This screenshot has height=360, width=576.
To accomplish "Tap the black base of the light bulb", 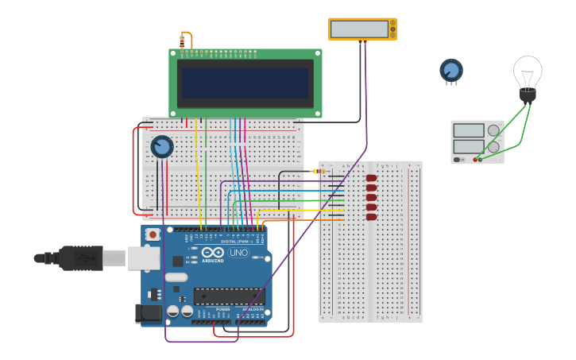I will pos(528,95).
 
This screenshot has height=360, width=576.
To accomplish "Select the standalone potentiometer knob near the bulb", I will pos(451,71).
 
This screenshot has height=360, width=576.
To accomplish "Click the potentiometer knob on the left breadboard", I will pos(161,146).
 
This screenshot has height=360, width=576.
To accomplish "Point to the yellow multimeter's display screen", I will pos(359,29).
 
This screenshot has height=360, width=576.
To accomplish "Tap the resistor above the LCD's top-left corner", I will pos(182,41).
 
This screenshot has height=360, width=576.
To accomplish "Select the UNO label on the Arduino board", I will pos(238,253).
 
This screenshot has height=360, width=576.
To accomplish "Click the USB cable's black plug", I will pos(79,258).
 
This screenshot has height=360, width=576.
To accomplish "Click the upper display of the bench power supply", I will pos(469,130).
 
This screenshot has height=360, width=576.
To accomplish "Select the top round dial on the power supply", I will pos(493,130).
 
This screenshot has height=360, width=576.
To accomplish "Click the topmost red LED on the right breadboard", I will pos(371,178).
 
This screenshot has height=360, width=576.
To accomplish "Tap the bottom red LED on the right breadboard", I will pos(371,216).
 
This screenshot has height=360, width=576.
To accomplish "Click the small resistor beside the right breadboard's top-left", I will pos(319,171).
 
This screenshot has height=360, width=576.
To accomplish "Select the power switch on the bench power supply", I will pos(458,160).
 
